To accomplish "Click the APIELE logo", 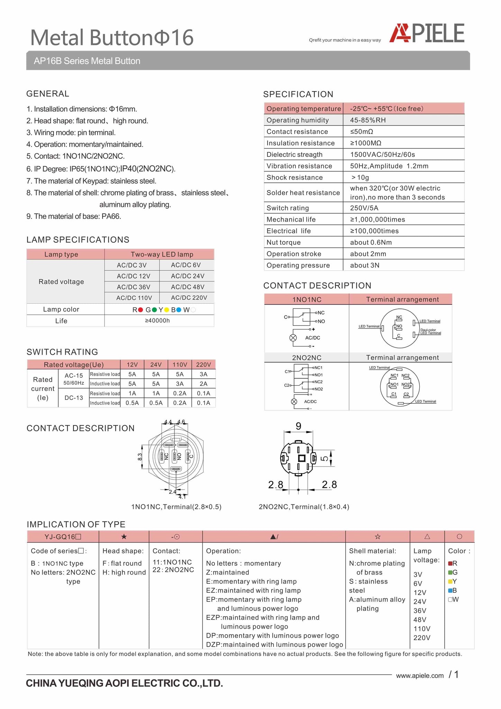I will [x=427, y=34].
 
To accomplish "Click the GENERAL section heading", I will [x=48, y=94].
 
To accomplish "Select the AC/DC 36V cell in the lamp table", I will [x=133, y=287].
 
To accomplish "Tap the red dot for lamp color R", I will [x=140, y=310].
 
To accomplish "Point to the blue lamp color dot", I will [x=179, y=310].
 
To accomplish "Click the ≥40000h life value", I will [x=157, y=321].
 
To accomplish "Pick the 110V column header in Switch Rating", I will [x=180, y=365].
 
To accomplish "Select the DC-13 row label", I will [x=74, y=398].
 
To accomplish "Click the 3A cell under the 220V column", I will [x=203, y=374].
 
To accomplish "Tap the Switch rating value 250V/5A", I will [x=364, y=208].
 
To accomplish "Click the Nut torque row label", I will [x=283, y=242].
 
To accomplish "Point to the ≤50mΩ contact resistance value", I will [x=362, y=132].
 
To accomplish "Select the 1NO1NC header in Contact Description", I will [x=307, y=299].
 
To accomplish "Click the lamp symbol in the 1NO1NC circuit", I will [x=293, y=338].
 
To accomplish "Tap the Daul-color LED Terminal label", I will [x=430, y=332].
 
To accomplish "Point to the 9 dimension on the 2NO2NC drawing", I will [x=298, y=426].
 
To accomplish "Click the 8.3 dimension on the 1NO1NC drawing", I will [x=140, y=457].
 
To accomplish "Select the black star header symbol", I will [x=124, y=537].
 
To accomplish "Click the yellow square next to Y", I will [x=450, y=582].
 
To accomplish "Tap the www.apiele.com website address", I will [x=420, y=676].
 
